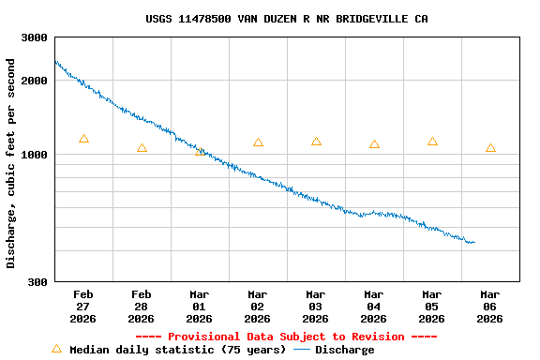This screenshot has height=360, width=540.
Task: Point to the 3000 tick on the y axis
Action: [x=35, y=37]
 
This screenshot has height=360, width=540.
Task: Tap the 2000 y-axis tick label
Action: [x=35, y=81]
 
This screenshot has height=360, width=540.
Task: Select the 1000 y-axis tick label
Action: [x=35, y=155]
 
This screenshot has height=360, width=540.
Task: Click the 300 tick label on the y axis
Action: [x=37, y=282]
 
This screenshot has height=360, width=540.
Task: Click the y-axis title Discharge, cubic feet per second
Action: [x=11, y=163]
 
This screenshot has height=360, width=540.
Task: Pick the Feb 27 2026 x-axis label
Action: [x=82, y=307]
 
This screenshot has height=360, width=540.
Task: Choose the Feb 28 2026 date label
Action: [x=142, y=307]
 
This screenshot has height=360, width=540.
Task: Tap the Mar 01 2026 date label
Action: [x=199, y=307]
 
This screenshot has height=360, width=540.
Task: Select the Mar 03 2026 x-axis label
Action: [x=315, y=307]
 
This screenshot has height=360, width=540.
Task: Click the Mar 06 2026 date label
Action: [x=489, y=307]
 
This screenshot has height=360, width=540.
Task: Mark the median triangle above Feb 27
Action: [x=83, y=139]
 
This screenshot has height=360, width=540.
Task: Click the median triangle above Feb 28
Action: [x=142, y=148]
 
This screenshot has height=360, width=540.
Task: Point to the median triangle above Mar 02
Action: [x=258, y=142]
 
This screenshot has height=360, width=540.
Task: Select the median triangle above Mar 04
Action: [x=374, y=144]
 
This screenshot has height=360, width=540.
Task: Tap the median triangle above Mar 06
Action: [x=490, y=148]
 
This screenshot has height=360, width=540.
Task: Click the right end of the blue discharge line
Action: [x=474, y=243]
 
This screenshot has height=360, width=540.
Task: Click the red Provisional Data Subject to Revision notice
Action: [x=286, y=337]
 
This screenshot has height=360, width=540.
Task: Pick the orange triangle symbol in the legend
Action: [x=56, y=349]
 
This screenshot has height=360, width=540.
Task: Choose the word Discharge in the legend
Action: [x=344, y=350]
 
